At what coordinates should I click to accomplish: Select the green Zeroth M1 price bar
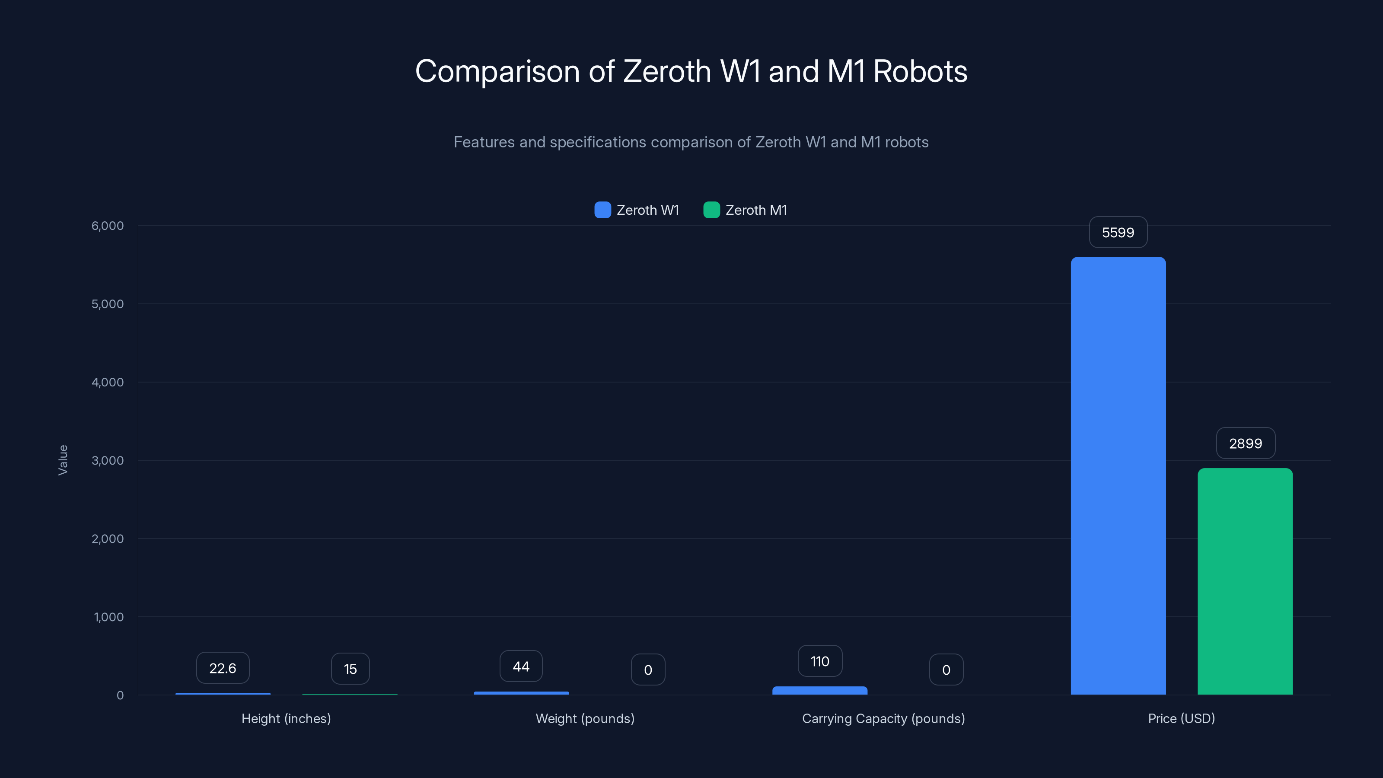(1245, 581)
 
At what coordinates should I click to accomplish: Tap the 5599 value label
(1118, 233)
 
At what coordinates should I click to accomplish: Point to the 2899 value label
(1245, 443)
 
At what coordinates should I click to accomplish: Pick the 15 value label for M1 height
(350, 669)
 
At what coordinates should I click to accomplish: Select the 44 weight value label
(521, 667)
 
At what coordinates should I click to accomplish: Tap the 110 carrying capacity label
(820, 661)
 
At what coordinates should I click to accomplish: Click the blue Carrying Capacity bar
(819, 691)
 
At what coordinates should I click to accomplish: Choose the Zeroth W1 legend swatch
(602, 210)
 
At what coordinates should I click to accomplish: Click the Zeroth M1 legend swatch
(711, 210)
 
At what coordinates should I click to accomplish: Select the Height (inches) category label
(286, 719)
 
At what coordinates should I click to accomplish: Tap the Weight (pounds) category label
(585, 719)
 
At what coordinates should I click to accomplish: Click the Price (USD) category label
(1181, 719)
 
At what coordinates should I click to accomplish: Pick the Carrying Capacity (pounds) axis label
(883, 719)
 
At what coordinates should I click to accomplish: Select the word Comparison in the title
(497, 71)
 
